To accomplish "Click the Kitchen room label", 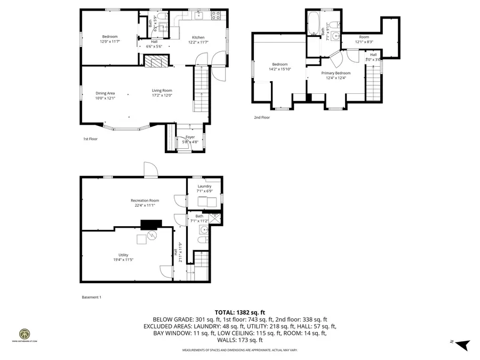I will click(x=198, y=37).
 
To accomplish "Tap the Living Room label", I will click(x=162, y=90).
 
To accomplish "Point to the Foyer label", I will click(x=190, y=137).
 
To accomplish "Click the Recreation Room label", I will click(x=145, y=201).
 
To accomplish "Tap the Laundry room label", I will click(x=205, y=186).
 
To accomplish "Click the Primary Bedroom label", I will click(x=335, y=73).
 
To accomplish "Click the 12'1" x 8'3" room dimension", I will click(x=364, y=42).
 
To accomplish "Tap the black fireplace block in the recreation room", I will click(x=151, y=225).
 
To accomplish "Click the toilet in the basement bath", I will click(x=201, y=241).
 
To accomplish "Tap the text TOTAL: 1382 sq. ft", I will click(x=239, y=313).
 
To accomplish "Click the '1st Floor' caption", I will click(x=90, y=139).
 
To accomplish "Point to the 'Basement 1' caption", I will click(x=91, y=297).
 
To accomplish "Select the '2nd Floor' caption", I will click(x=262, y=117).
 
